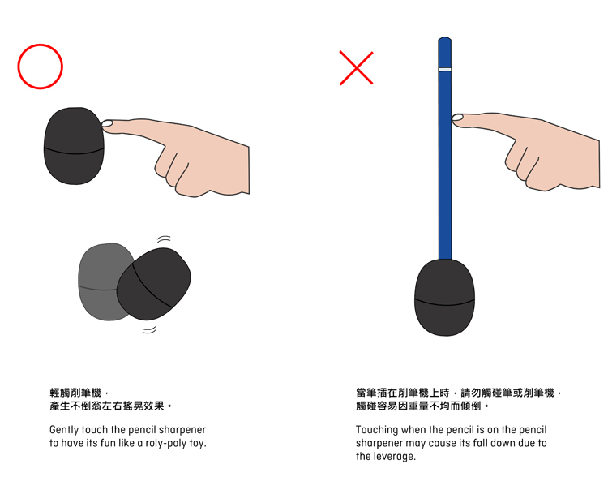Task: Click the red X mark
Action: (x=356, y=68)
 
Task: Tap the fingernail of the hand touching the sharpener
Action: (x=107, y=123)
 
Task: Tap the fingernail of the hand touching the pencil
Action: (x=457, y=117)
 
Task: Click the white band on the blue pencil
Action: (x=445, y=70)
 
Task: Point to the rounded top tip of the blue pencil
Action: (x=445, y=38)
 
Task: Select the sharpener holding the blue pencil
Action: (x=444, y=298)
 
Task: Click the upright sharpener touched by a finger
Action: (x=74, y=146)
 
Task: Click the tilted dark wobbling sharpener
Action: (x=154, y=284)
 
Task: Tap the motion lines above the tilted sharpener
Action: (x=164, y=239)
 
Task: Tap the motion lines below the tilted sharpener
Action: (x=149, y=329)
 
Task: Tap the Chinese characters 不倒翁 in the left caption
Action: (x=85, y=406)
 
